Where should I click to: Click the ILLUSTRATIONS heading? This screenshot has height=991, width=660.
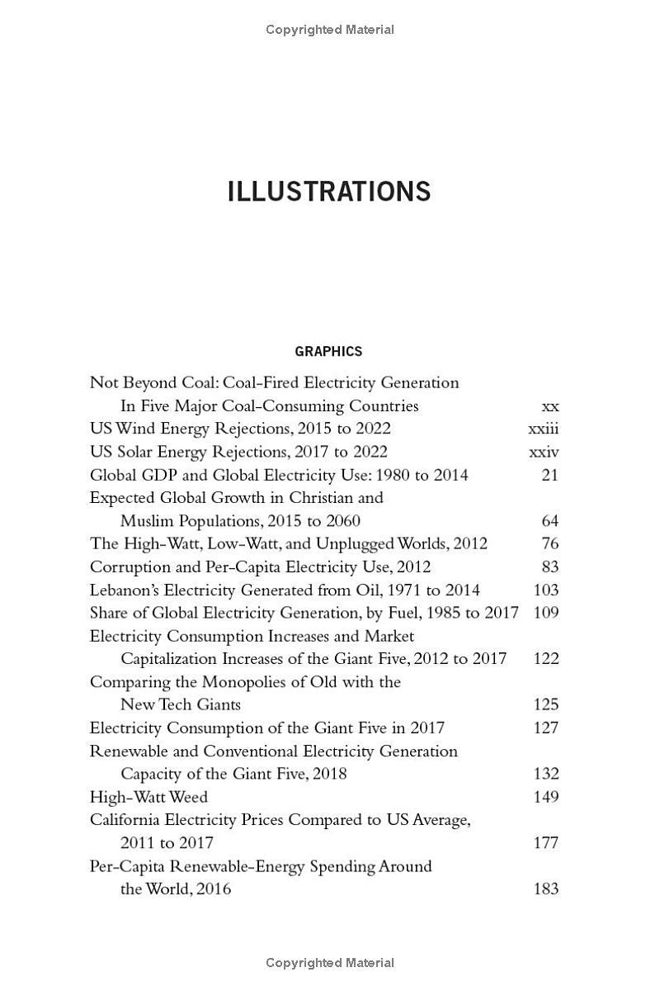tap(328, 192)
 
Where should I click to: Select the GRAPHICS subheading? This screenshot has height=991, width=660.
tap(328, 351)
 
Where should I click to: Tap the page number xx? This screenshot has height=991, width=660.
tap(549, 405)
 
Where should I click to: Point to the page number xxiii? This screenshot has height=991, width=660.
tap(543, 429)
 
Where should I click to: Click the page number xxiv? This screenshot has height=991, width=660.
tap(544, 452)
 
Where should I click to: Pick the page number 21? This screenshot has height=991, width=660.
tap(549, 475)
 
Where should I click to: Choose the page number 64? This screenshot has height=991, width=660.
tap(549, 521)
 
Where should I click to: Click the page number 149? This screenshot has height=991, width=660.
tap(546, 797)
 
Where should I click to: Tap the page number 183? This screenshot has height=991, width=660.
tap(546, 889)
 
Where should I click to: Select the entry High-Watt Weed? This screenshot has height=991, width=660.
tap(148, 797)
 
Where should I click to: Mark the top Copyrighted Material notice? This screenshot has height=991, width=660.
tap(329, 30)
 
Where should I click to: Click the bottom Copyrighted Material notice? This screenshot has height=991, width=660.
tap(329, 962)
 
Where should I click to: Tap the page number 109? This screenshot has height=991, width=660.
tap(546, 613)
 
